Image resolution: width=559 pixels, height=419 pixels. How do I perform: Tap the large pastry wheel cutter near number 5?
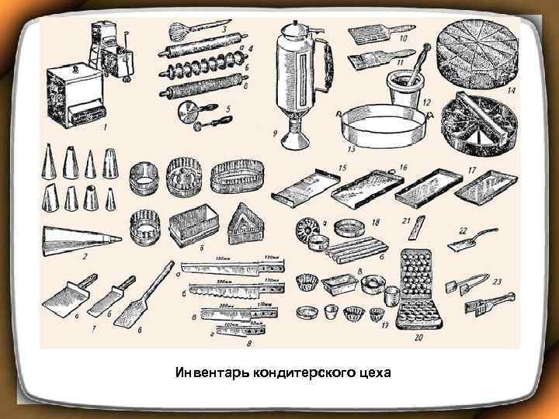point(189,108)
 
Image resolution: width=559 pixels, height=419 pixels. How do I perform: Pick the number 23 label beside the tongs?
point(498,282)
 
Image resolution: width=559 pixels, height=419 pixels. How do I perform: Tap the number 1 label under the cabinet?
point(105,126)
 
